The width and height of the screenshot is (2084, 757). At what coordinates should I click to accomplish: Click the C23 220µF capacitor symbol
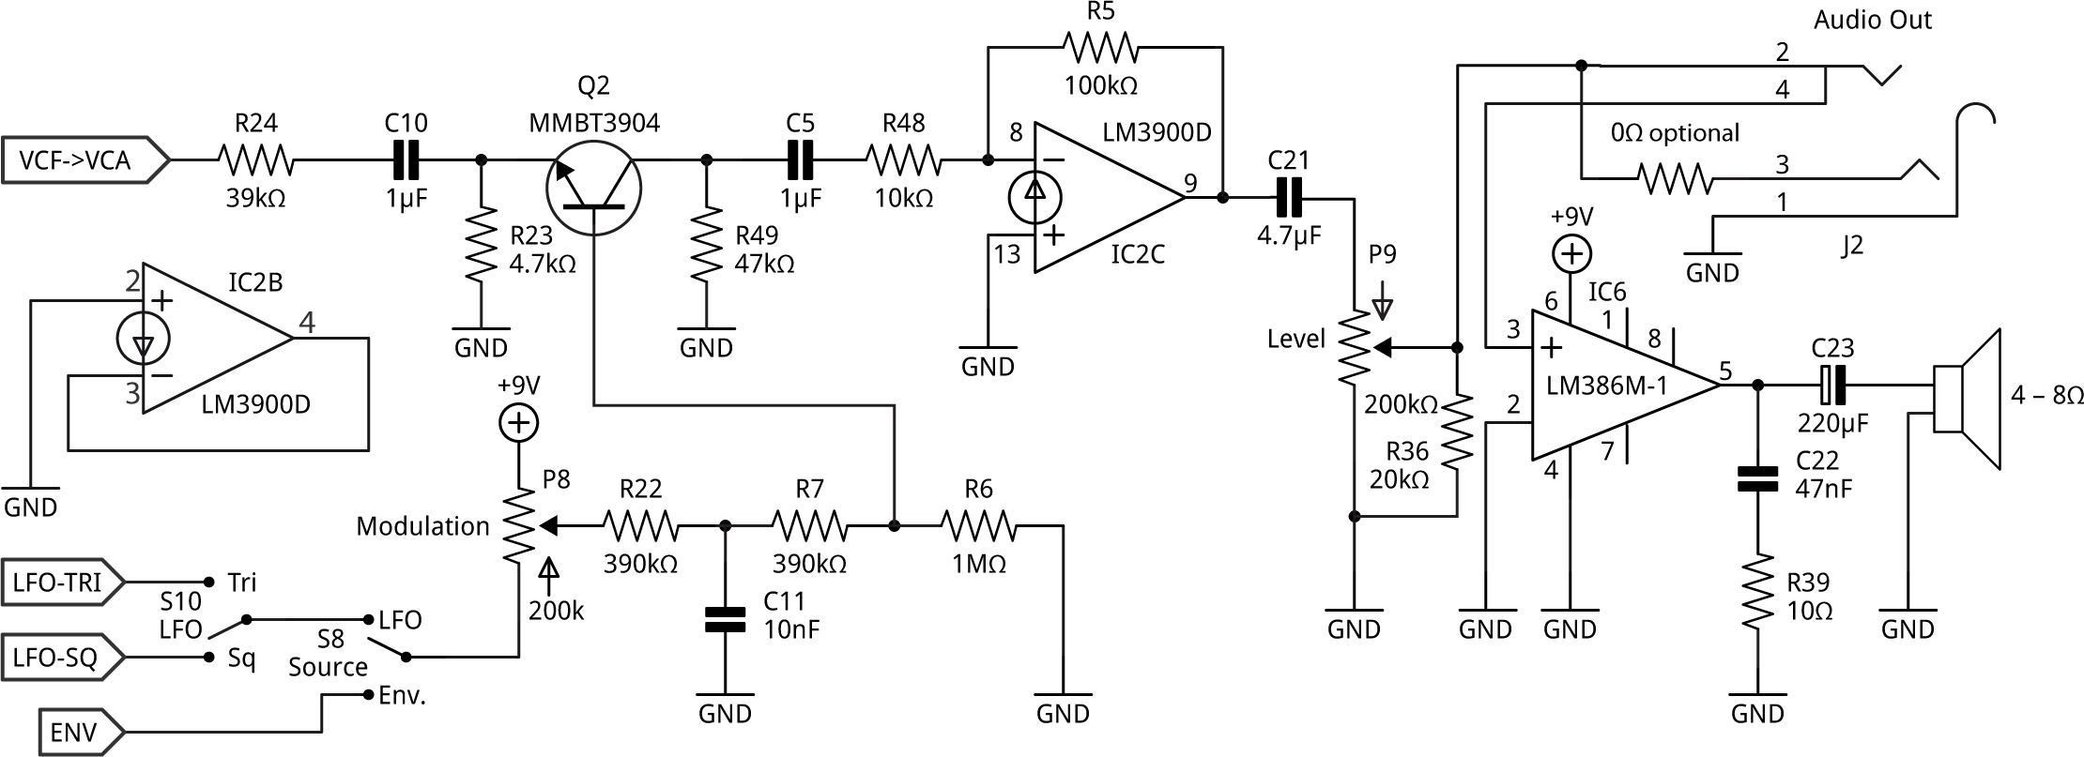click(1831, 385)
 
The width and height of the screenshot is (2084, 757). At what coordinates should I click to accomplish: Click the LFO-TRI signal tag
click(61, 583)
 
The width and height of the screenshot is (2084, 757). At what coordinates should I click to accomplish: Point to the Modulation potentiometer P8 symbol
click(518, 527)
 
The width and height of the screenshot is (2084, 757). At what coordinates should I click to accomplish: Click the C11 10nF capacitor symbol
click(725, 619)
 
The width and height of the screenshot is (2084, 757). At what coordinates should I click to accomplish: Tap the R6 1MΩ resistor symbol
click(978, 527)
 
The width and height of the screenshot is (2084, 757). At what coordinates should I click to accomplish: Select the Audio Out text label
click(1872, 20)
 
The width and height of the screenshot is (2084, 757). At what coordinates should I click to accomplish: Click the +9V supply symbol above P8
click(518, 423)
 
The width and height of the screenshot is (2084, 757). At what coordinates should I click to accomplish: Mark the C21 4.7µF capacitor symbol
click(1288, 199)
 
